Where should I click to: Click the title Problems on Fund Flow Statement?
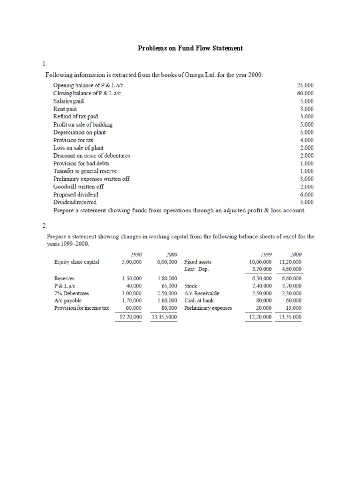coord(190,48)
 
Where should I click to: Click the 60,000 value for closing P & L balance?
coord(305,93)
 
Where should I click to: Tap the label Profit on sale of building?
coord(83,124)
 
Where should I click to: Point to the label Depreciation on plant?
coord(80,132)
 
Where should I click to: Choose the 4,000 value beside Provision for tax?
coord(307,140)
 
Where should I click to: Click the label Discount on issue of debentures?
coord(92,155)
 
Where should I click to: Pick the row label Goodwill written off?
coord(79,186)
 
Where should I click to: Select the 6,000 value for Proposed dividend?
coord(307,194)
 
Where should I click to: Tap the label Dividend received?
coord(75,202)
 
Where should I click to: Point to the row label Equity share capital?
coord(77,262)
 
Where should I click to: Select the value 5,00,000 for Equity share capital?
coord(131,262)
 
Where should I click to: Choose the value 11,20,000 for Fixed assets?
coord(290,262)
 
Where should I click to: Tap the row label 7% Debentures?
coord(72,293)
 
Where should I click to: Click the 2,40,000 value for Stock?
coord(262,285)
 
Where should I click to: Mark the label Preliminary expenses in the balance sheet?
coord(208,308)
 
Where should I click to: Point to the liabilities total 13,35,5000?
coord(164,317)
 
